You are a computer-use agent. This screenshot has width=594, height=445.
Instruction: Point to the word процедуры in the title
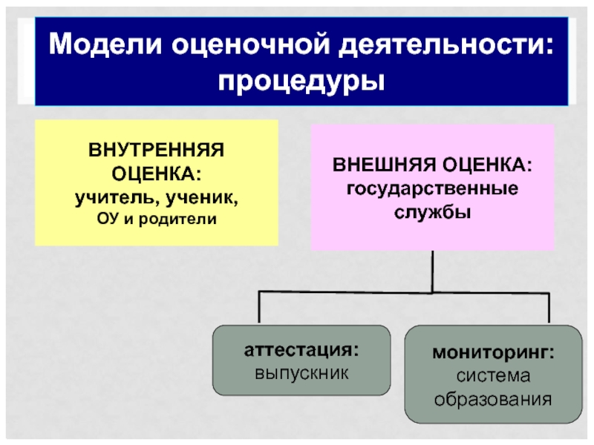tap(301, 78)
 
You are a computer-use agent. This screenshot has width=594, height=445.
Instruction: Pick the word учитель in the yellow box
tap(115, 198)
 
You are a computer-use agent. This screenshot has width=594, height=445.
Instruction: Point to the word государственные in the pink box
tap(433, 187)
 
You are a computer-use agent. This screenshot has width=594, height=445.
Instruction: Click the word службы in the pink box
tap(433, 211)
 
